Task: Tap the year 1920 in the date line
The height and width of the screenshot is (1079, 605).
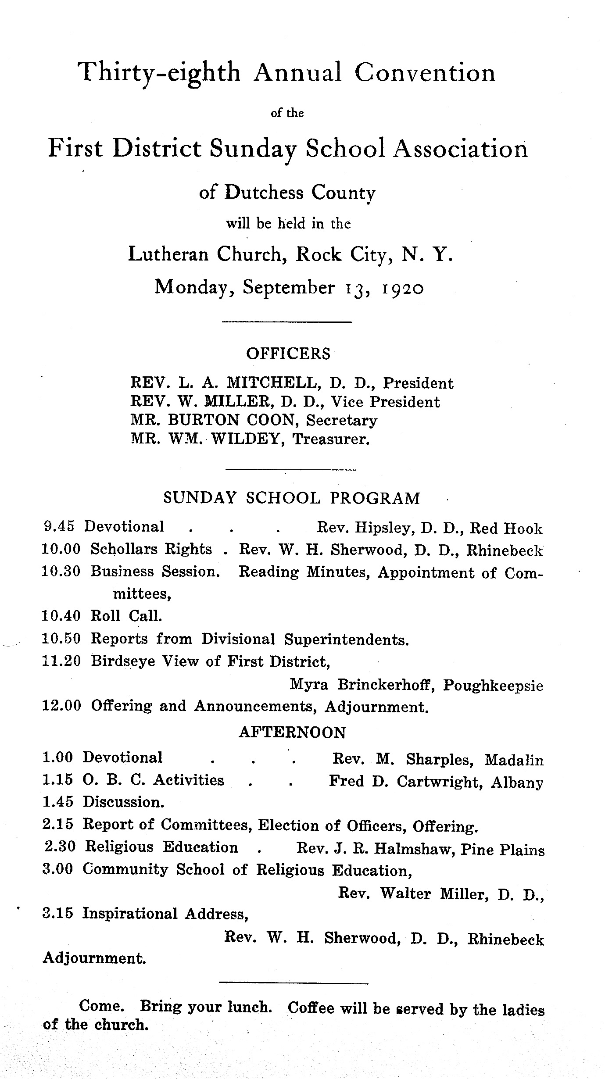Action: tap(402, 289)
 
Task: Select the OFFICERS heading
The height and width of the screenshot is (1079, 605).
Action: tap(288, 354)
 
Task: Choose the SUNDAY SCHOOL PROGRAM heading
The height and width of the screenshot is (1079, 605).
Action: tap(292, 498)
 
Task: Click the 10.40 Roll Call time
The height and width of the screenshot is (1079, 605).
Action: tap(61, 616)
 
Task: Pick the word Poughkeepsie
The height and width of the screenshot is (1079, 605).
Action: tap(493, 686)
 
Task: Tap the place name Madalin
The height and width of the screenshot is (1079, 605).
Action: tap(514, 760)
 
